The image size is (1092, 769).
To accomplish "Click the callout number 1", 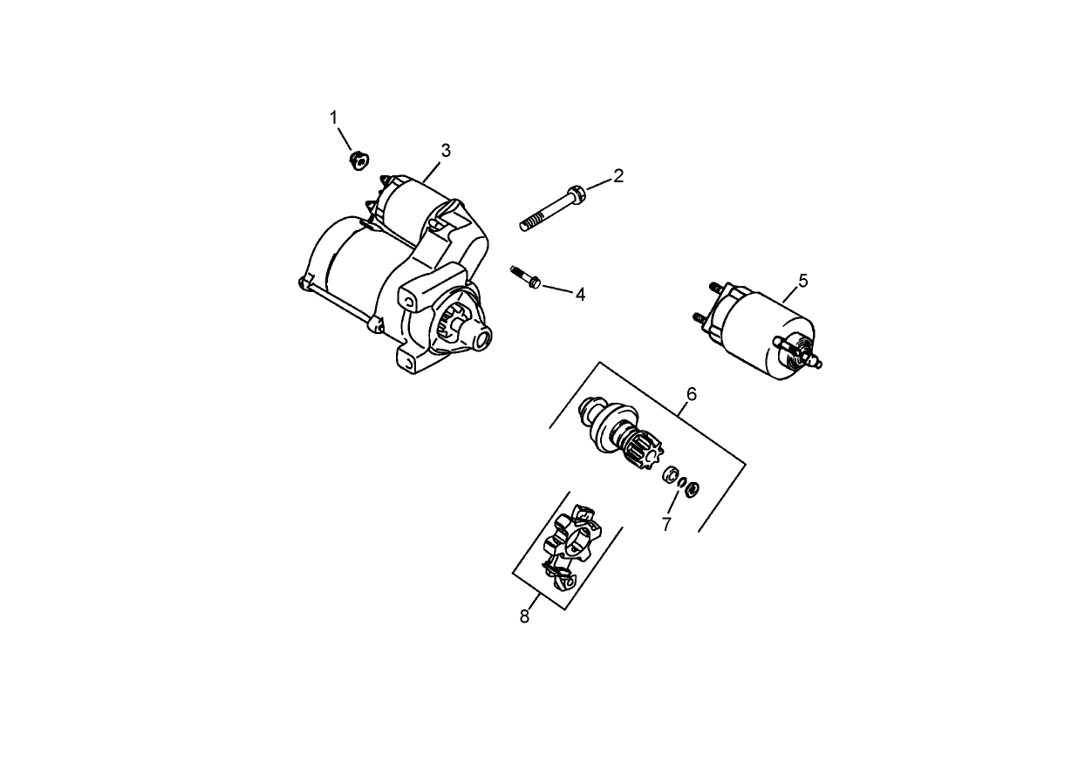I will pos(332,117).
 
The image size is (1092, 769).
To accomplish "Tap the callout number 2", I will pos(618,175).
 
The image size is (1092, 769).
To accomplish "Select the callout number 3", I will pos(446,150).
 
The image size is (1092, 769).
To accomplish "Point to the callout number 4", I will pos(579,295).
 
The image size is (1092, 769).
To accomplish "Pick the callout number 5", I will pos(803,280).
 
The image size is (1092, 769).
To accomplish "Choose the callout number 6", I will pos(691,394).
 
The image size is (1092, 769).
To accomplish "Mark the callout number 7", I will pos(666,524).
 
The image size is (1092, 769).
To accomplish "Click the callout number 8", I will pos(524,616).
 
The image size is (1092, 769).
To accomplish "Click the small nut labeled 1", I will pos(357,160).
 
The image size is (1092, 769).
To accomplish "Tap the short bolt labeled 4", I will pos(526,276).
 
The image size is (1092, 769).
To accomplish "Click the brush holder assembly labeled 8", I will pos(568,548).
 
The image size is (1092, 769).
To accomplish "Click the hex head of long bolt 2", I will pos(576,192).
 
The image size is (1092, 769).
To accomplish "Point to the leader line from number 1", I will pos(344,137).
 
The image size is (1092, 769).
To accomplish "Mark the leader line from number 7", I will pos(674,503).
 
